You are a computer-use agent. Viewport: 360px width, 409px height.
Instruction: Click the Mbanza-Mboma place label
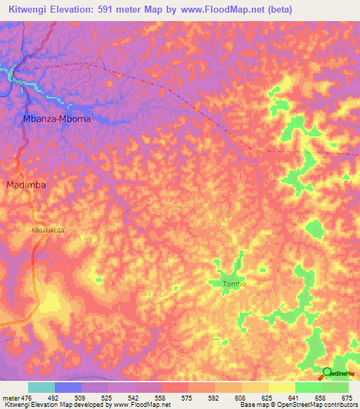click(x=56, y=119)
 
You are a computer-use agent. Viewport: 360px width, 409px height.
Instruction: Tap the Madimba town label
click(x=27, y=185)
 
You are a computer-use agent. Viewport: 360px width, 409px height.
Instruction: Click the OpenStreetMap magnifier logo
click(x=327, y=373)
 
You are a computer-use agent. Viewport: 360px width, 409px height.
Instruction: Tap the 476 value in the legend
click(x=27, y=397)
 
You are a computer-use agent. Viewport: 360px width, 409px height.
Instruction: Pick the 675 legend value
click(x=348, y=397)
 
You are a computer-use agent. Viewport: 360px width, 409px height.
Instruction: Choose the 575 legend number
click(x=188, y=397)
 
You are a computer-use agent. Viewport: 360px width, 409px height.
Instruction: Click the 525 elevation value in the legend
click(x=108, y=397)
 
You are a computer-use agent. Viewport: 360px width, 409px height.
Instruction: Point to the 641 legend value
click(x=295, y=397)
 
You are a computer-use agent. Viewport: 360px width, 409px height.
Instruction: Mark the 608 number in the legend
click(x=241, y=397)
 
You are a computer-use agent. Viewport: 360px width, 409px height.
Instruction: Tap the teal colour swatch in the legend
click(x=41, y=387)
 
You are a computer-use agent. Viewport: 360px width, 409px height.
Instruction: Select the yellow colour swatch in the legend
click(x=281, y=387)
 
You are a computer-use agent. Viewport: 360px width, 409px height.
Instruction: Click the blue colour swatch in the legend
click(x=67, y=387)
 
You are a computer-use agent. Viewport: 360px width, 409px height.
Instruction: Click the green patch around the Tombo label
click(x=226, y=274)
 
